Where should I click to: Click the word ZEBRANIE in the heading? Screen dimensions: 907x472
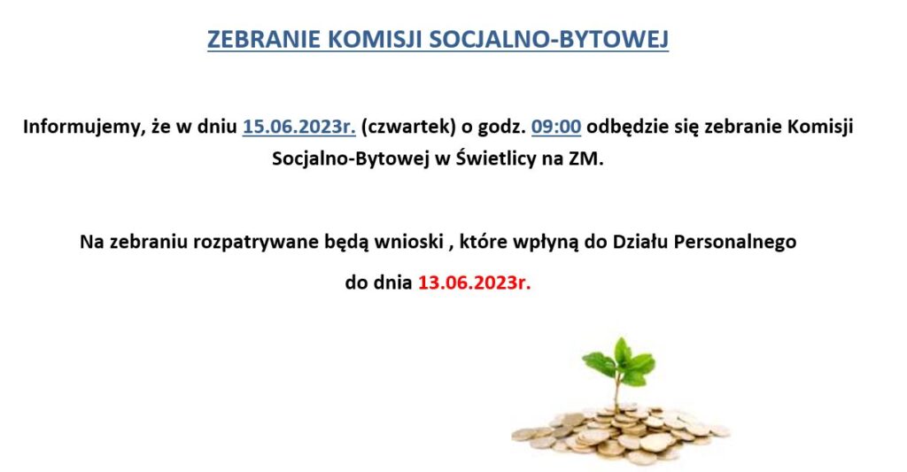coord(263,39)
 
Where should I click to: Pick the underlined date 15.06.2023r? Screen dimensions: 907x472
coord(299,127)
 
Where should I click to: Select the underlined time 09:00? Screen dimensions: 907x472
coord(556,127)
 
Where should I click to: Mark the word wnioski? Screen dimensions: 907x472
coord(408,241)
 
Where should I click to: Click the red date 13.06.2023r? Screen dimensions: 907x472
coord(475,282)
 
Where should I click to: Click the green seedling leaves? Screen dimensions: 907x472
coord(619,361)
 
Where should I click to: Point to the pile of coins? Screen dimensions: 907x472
coord(620,435)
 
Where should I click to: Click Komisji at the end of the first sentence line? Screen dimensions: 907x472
coord(821,128)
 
